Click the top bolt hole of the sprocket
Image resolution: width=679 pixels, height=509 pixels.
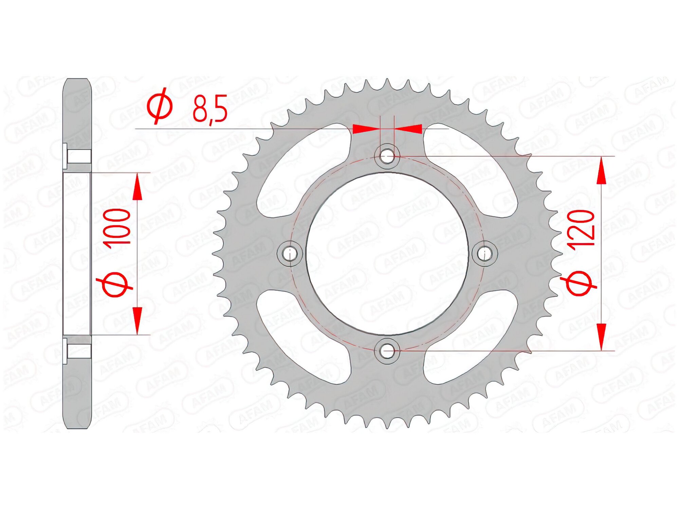tap(387, 156)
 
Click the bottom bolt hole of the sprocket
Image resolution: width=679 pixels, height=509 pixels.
tap(387, 351)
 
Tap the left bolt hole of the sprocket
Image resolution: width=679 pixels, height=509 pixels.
tap(290, 253)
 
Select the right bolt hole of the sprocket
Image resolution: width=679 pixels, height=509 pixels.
tap(485, 253)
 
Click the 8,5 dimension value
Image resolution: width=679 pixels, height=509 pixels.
tap(209, 109)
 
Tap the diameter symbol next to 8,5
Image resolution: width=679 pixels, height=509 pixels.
tap(160, 106)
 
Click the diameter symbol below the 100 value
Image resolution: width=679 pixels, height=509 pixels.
tap(115, 284)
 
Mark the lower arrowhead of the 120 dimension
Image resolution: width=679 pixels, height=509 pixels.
tap(601, 336)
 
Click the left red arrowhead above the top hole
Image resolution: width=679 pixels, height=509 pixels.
tap(366, 129)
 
